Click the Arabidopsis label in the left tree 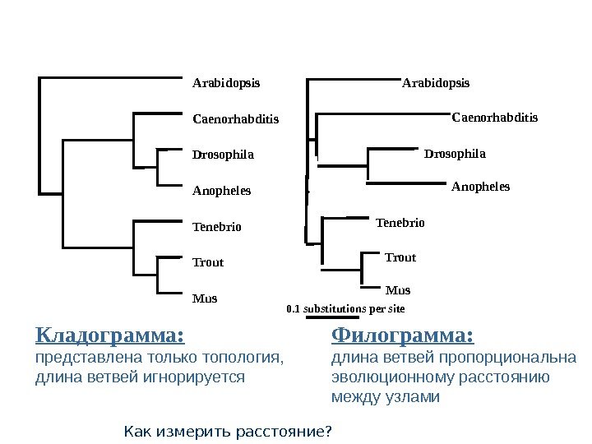pos(226,83)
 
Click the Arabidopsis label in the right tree pos(436,83)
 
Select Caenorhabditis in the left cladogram pos(236,119)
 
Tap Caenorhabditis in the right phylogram pos(495,118)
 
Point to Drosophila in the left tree pos(223,155)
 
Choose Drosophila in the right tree pos(455,154)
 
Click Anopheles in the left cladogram pos(221,191)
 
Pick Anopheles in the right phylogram pos(481,187)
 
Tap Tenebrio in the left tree pos(217,226)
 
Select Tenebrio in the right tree pos(400,222)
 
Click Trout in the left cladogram pos(208,262)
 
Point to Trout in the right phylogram pos(400,257)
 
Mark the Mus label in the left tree pos(205,298)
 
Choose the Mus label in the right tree pos(398,290)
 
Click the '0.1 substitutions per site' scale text pos(345,309)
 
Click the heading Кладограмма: pos(109,336)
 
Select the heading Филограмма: pos(403,336)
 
